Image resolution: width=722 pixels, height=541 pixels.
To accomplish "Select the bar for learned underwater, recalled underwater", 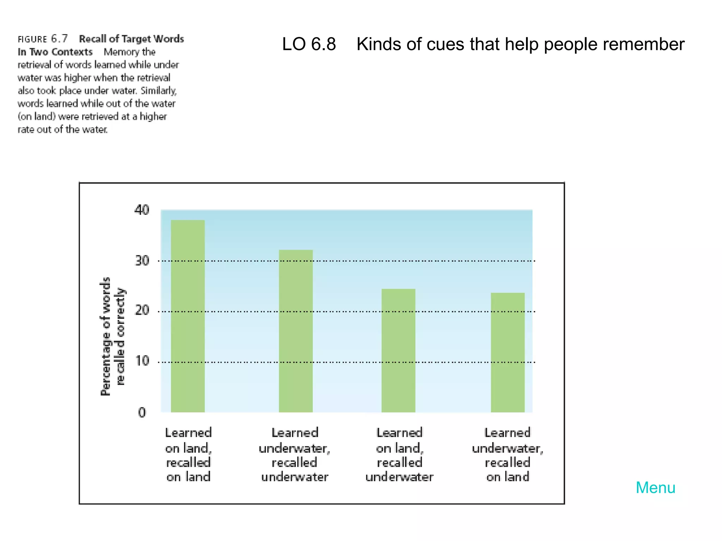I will tap(295, 331).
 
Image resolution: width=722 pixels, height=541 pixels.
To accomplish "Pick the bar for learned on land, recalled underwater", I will tap(398, 350).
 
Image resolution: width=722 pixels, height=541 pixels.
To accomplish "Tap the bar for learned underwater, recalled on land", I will tap(508, 352).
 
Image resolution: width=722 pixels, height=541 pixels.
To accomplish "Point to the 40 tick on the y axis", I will tap(142, 210).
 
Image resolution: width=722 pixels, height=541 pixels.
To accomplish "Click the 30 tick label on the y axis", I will tap(142, 261).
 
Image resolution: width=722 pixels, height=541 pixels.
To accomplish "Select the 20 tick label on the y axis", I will tap(142, 310).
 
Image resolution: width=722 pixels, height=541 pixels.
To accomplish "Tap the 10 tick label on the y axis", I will tap(142, 361).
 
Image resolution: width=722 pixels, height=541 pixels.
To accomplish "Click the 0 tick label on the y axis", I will tap(142, 412).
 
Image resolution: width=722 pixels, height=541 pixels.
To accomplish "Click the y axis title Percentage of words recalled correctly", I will tap(112, 336).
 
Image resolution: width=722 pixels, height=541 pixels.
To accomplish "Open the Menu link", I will tap(655, 488).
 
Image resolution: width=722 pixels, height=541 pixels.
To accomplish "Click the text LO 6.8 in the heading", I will tap(309, 44).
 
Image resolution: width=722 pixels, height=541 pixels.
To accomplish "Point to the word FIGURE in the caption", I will tap(32, 39).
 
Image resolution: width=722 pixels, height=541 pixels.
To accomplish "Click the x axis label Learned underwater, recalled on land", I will tap(508, 454).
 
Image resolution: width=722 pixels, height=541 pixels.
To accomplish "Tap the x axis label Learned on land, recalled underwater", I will tap(399, 454).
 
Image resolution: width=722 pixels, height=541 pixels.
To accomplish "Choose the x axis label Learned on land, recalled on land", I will tap(188, 454).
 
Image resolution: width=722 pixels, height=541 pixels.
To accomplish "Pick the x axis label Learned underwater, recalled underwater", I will tap(295, 454).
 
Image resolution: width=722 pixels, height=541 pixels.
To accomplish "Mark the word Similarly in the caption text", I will tap(158, 91).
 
